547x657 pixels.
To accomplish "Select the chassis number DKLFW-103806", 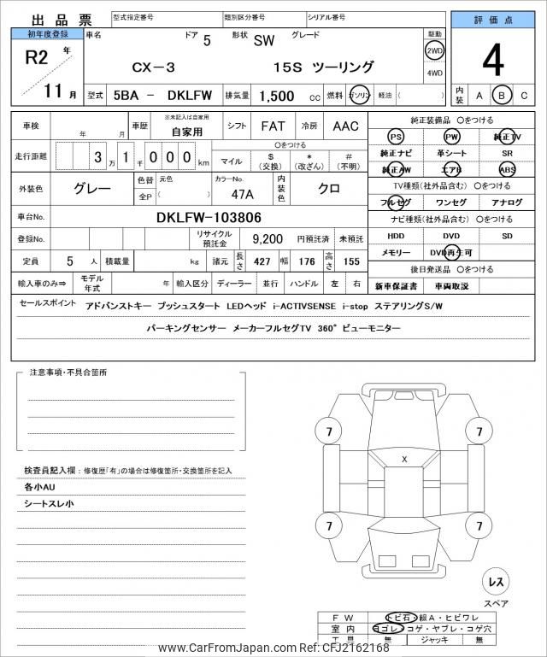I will [x=209, y=217].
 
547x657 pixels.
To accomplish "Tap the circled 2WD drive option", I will [x=434, y=50].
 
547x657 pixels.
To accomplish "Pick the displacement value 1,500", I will [x=278, y=97].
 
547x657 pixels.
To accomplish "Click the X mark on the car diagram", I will [x=404, y=460].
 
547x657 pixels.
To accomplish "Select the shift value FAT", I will [x=273, y=126].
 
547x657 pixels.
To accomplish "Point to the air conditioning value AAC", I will [x=345, y=126].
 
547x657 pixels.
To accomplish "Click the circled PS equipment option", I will [x=395, y=137].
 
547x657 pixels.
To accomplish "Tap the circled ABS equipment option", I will [x=508, y=169].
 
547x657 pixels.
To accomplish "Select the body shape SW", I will [x=264, y=50].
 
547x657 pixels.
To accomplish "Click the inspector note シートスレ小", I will [x=50, y=503].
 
